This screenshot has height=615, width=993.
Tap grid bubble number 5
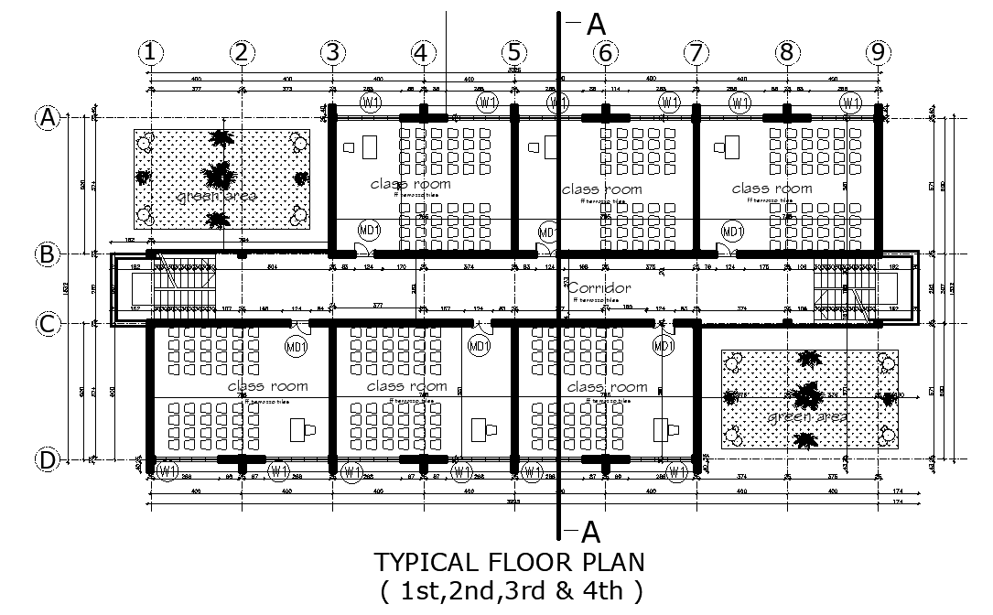click(514, 53)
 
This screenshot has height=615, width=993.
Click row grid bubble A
click(47, 117)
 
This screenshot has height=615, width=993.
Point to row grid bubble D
click(47, 460)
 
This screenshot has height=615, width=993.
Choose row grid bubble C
click(47, 323)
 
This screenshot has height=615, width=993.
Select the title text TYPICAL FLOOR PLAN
click(510, 561)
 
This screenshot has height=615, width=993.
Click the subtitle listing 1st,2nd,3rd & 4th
click(510, 590)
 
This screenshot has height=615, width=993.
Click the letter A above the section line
click(596, 25)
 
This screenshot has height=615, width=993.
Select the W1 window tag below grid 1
click(167, 472)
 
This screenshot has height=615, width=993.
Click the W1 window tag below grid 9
click(850, 102)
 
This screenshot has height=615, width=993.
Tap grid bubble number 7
click(696, 53)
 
